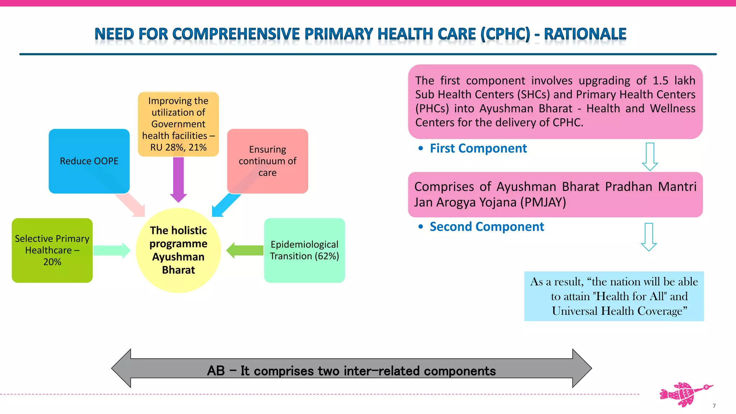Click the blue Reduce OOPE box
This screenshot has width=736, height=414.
coord(89,161)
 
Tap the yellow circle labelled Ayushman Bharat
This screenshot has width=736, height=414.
coord(178,250)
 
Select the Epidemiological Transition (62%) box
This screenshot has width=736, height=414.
coord(304,250)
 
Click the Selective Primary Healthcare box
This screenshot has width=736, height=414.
coord(52,250)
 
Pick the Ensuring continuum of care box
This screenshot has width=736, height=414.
coord(267,161)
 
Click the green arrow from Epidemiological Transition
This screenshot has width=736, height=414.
coord(245,250)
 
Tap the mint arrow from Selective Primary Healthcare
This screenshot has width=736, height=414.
coord(111,250)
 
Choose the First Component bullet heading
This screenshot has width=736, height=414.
coord(478,148)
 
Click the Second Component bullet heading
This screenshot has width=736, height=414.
coord(487,227)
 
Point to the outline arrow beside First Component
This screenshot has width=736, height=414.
coord(650,157)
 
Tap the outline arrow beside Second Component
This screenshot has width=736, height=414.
coord(649,237)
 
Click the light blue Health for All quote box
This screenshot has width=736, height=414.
coord(614,296)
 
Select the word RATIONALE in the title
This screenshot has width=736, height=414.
coord(585,34)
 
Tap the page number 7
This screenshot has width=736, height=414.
coord(714,406)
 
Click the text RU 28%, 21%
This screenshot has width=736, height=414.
coord(178,147)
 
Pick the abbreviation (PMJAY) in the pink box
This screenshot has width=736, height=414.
coord(543,202)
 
